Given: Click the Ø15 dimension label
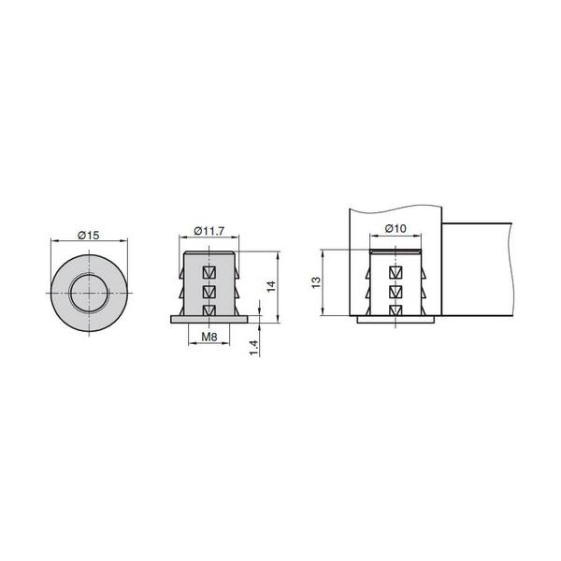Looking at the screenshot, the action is [x=89, y=236].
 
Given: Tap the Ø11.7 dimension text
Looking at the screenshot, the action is [x=209, y=231].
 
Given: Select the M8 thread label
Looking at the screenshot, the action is [x=209, y=337].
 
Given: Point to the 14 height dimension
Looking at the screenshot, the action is [x=271, y=286].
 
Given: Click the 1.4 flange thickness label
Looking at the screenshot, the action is [x=253, y=348].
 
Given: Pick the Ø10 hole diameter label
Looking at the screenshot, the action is [x=396, y=228].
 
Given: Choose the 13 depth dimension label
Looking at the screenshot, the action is [x=316, y=282].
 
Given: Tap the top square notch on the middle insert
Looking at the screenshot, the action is [x=209, y=273].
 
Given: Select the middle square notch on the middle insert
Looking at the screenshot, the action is [x=209, y=293].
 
